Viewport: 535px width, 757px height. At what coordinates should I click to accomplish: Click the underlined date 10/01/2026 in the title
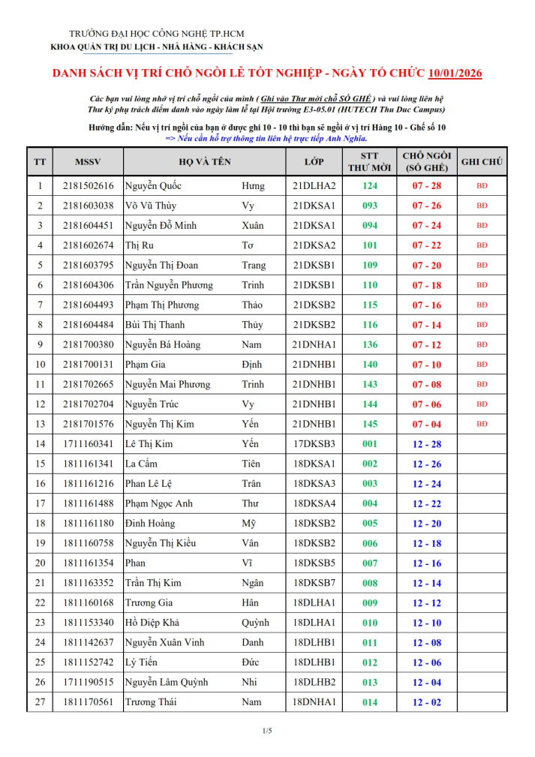(455, 74)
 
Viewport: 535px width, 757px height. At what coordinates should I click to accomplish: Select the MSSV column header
(88, 162)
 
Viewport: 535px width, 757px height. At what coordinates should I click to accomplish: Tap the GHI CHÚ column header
(482, 162)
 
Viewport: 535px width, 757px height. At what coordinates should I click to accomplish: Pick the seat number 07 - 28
(426, 186)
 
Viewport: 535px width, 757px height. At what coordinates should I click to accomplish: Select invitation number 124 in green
(370, 186)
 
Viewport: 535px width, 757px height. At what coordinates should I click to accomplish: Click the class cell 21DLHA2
(314, 186)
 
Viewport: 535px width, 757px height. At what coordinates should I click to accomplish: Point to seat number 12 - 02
(426, 703)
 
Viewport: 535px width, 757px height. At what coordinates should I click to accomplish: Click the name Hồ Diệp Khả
(153, 623)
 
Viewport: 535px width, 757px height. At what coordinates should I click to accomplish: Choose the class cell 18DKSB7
(314, 584)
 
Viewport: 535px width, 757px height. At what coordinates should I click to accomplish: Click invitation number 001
(370, 444)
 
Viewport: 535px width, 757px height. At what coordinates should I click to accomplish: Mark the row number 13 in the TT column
(39, 425)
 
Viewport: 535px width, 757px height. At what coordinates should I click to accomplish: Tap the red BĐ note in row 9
(482, 345)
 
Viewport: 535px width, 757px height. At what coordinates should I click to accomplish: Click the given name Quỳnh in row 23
(255, 623)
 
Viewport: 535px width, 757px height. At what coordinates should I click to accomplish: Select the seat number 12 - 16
(426, 563)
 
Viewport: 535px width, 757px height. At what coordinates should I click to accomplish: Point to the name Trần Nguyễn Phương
(169, 285)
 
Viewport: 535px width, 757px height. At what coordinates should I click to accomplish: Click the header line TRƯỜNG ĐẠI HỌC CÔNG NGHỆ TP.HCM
(157, 34)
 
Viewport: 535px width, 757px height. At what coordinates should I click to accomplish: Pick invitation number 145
(370, 425)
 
